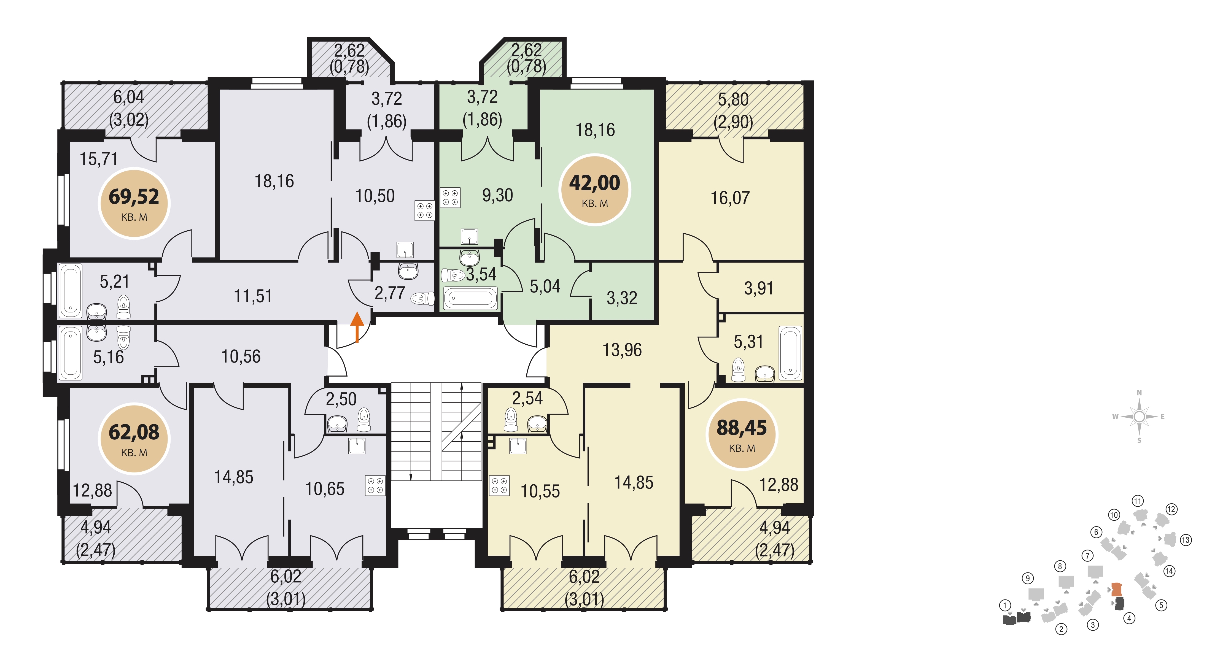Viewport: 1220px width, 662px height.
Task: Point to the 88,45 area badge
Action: pyautogui.click(x=742, y=434)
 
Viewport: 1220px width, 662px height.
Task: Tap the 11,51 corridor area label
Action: pyautogui.click(x=253, y=296)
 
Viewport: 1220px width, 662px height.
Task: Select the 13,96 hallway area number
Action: pyautogui.click(x=622, y=350)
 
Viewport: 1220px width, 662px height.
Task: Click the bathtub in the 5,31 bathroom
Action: pyautogui.click(x=790, y=353)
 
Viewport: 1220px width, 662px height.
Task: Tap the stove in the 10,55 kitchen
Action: pyautogui.click(x=499, y=485)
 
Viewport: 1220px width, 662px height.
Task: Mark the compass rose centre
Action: pyautogui.click(x=1139, y=417)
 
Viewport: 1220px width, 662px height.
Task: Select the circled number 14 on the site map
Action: pyautogui.click(x=1169, y=571)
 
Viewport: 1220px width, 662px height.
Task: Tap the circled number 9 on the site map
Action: pyautogui.click(x=1027, y=578)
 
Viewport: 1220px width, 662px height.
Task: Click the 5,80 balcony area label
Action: pyautogui.click(x=733, y=99)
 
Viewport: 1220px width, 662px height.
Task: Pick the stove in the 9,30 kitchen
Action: pyautogui.click(x=450, y=198)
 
